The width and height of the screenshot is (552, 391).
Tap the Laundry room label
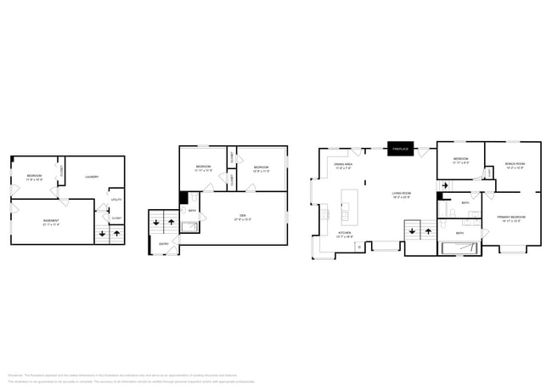tap(92, 177)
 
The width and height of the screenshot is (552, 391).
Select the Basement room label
tap(51, 223)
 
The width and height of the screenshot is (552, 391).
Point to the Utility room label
tap(116, 199)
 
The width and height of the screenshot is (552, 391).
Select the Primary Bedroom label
tap(511, 218)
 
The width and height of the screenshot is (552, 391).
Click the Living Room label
tap(402, 195)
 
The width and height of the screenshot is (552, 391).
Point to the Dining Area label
tap(343, 167)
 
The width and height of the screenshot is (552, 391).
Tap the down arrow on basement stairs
tap(103, 232)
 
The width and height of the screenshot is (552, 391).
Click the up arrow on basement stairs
tap(115, 232)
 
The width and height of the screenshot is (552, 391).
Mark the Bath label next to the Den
tap(193, 210)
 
